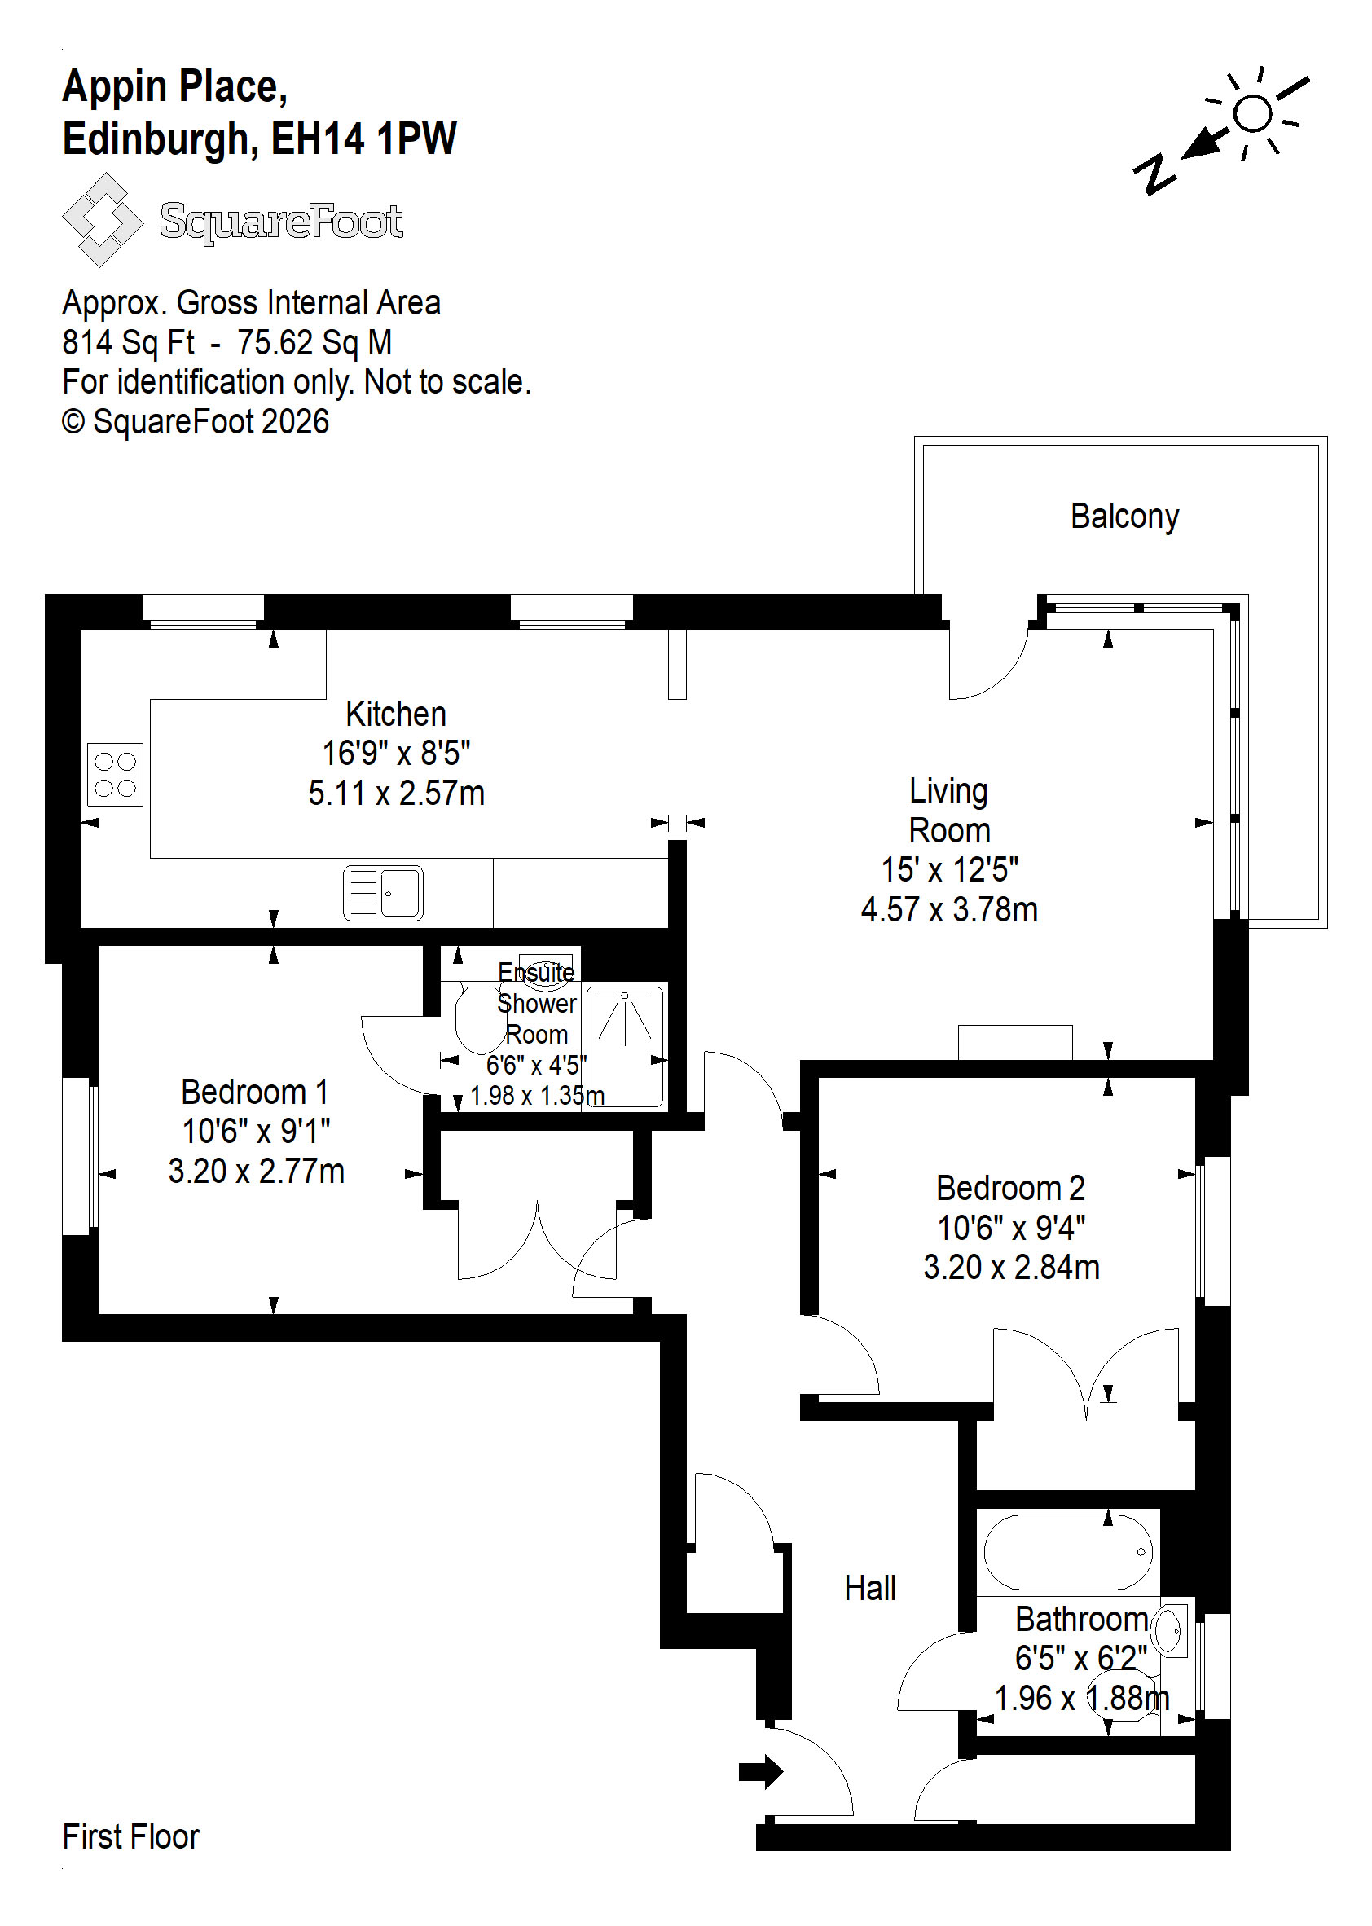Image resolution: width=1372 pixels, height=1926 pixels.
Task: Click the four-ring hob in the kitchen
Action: pyautogui.click(x=115, y=775)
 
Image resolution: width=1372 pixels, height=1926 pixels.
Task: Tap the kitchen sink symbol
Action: pyautogui.click(x=383, y=892)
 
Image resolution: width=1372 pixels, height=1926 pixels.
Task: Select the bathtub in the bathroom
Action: pyautogui.click(x=1068, y=1553)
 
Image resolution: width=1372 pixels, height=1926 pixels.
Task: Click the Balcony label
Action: pyautogui.click(x=1124, y=517)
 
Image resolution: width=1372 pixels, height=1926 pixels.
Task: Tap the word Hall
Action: pyautogui.click(x=870, y=1588)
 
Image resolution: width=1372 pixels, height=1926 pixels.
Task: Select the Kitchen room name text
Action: pyautogui.click(x=396, y=714)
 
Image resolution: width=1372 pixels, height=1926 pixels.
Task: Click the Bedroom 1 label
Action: pyautogui.click(x=255, y=1092)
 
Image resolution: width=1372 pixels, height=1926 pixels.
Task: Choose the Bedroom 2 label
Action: pyautogui.click(x=1010, y=1188)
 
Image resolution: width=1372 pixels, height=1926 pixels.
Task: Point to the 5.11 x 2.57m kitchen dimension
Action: pyautogui.click(x=396, y=793)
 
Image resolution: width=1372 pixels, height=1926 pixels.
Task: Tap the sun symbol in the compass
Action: pyautogui.click(x=1253, y=113)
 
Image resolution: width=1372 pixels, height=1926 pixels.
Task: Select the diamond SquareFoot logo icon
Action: pyautogui.click(x=102, y=220)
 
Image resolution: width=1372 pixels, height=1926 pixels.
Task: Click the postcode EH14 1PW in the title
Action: pyautogui.click(x=364, y=139)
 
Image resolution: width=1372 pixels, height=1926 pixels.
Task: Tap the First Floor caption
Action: pyautogui.click(x=131, y=1836)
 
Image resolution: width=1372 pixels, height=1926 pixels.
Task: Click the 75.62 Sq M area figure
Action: pyautogui.click(x=314, y=342)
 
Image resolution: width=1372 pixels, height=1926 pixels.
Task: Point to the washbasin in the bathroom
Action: pyautogui.click(x=1170, y=1629)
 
